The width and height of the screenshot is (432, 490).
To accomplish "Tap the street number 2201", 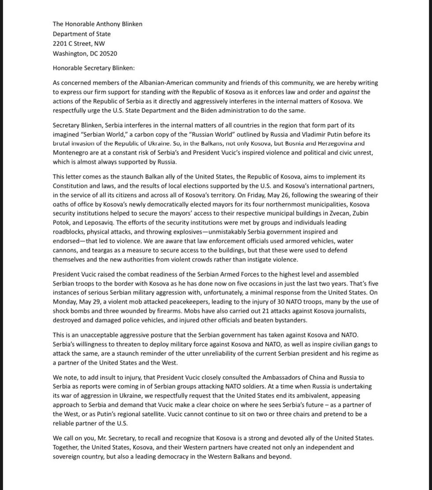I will click(60, 44).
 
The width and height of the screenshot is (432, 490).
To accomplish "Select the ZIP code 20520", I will click(106, 53).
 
